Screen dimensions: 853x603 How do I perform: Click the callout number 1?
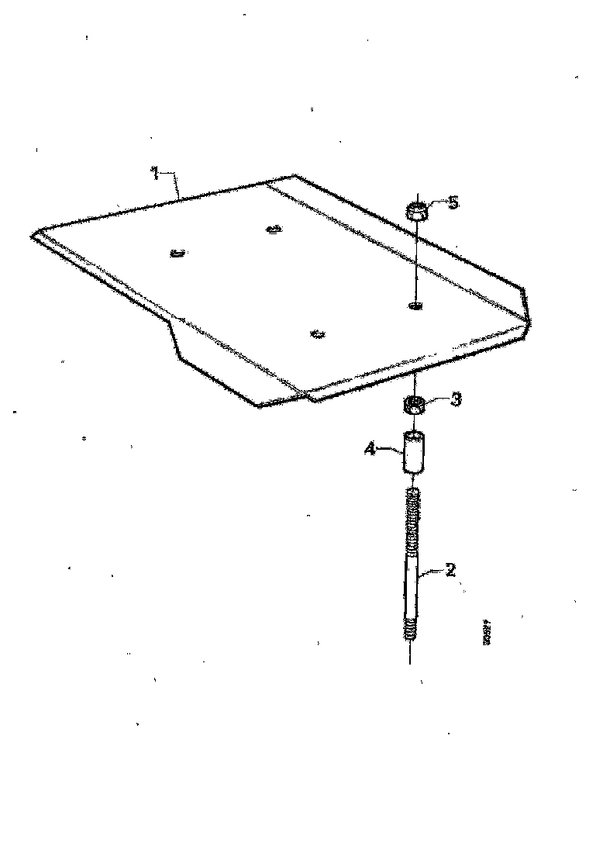[155, 173]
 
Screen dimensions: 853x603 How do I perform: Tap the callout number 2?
[449, 571]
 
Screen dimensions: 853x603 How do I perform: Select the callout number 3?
[456, 399]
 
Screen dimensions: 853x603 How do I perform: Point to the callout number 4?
[370, 447]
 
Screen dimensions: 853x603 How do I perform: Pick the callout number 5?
[453, 202]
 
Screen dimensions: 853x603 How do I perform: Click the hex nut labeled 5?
[417, 210]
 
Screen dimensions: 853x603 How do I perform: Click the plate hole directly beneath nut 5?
[415, 306]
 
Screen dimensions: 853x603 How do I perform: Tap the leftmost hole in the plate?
[176, 252]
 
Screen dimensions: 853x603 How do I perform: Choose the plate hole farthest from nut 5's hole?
[176, 252]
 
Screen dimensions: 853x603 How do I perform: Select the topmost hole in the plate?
[272, 229]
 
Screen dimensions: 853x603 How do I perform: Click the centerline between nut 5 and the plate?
[416, 260]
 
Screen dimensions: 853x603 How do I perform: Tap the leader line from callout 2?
[431, 575]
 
